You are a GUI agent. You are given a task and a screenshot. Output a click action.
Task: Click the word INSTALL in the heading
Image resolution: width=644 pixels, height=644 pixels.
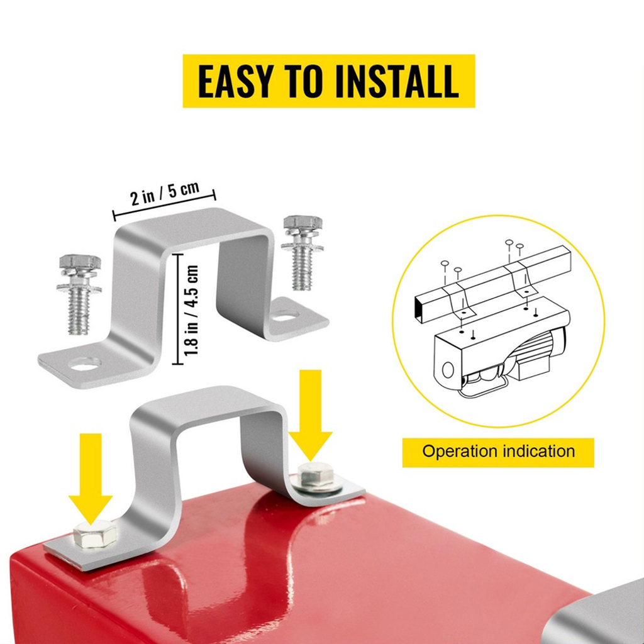point(397,81)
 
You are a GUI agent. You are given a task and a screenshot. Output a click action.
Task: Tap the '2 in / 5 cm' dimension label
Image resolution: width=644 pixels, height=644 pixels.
point(165,193)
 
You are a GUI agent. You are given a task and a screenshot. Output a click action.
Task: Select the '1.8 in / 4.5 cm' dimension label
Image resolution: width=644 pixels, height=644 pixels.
point(191,309)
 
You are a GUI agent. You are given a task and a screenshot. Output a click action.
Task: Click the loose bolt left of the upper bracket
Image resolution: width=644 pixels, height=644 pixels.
point(79,294)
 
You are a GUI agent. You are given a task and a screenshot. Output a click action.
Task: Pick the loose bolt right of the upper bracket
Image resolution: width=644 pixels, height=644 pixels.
point(303,252)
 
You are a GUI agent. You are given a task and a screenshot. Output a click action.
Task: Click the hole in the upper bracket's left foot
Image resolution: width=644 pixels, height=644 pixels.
point(85,364)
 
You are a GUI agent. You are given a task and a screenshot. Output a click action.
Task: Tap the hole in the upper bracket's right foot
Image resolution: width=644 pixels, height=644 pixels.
point(285,316)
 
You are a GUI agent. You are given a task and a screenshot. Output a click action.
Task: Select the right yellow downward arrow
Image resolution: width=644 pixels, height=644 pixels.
point(311,415)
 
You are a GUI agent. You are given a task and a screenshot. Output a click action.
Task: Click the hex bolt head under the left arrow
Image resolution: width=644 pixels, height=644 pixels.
point(94,535)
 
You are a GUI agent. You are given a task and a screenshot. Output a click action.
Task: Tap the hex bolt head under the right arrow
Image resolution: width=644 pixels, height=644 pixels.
point(316,475)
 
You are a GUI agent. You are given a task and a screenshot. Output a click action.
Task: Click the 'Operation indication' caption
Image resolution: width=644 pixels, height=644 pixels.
point(498,452)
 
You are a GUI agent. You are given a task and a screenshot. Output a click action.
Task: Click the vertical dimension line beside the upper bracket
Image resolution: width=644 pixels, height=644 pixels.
point(177,309)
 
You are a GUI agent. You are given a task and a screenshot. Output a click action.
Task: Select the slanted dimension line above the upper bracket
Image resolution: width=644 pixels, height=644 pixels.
point(164,205)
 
